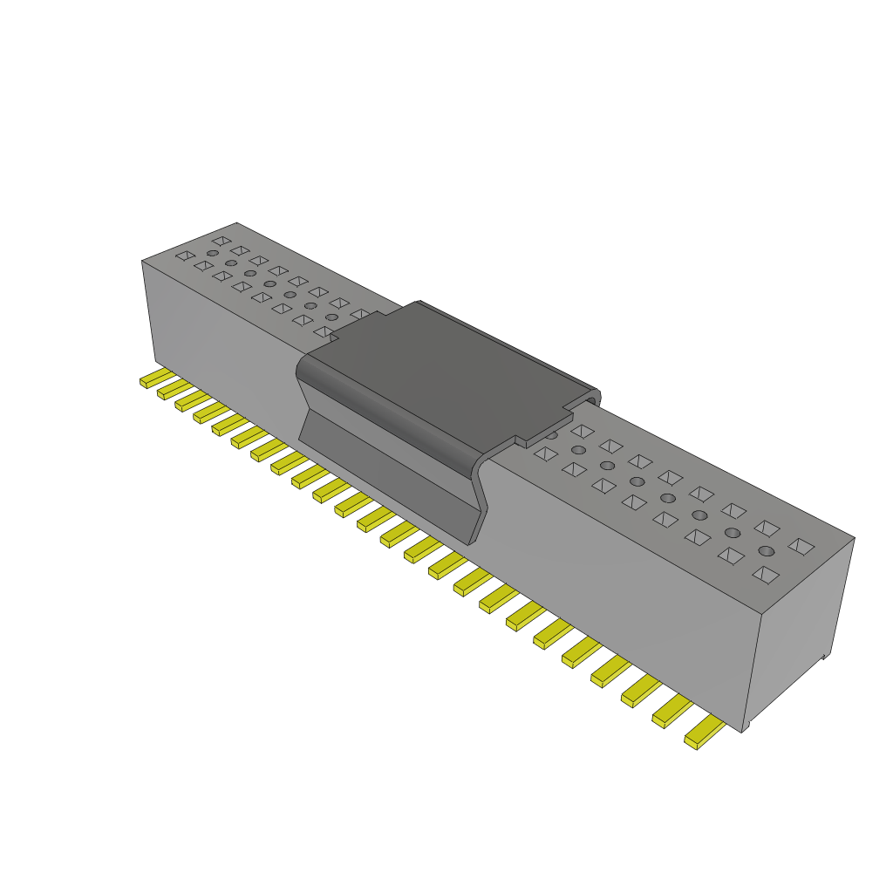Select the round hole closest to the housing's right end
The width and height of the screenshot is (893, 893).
[x=767, y=550]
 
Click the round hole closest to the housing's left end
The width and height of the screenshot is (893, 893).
[x=212, y=253]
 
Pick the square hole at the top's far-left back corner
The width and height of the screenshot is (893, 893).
[x=221, y=240]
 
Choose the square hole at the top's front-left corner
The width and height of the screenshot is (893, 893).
[x=185, y=256]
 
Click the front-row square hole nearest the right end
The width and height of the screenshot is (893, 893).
[x=765, y=574]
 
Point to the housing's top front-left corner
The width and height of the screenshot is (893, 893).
[x=142, y=261]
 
